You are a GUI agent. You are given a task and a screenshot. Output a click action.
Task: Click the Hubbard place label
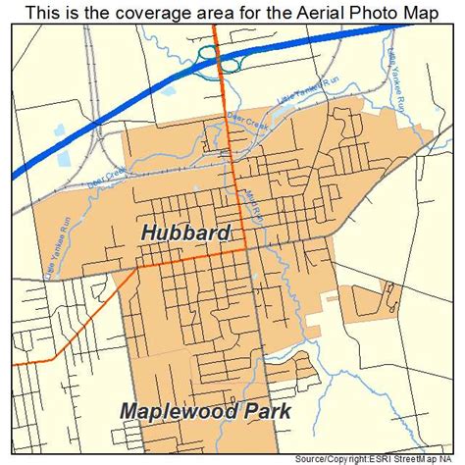click(185, 233)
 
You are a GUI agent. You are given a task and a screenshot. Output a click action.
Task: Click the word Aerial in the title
click(317, 12)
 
